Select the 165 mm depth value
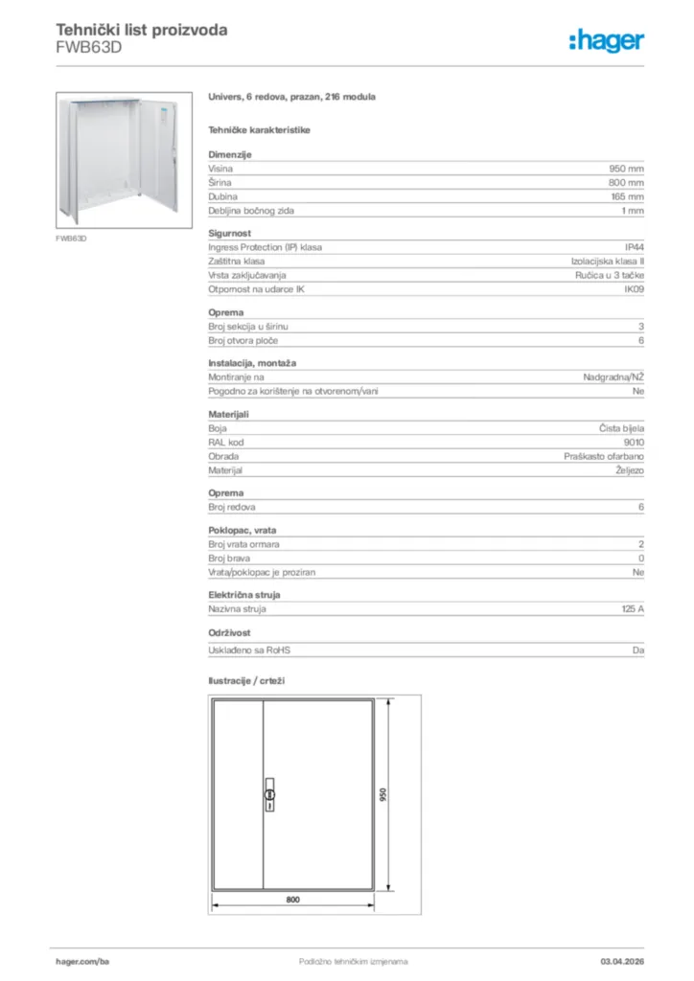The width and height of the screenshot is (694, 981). [627, 195]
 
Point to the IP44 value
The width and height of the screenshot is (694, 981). [635, 246]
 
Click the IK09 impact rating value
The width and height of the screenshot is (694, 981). [634, 288]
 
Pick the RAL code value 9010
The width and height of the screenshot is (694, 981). [635, 443]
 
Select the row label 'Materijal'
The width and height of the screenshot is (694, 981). [225, 470]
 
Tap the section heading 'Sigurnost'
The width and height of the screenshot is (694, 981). [229, 232]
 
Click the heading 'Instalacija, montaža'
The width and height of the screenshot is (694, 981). [252, 363]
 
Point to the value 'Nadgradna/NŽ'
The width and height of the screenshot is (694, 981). [613, 376]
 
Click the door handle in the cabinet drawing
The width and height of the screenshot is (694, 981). [269, 795]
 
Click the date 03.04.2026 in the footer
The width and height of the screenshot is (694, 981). [621, 961]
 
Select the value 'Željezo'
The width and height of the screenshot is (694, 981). [628, 470]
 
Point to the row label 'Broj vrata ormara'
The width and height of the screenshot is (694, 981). [243, 544]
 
